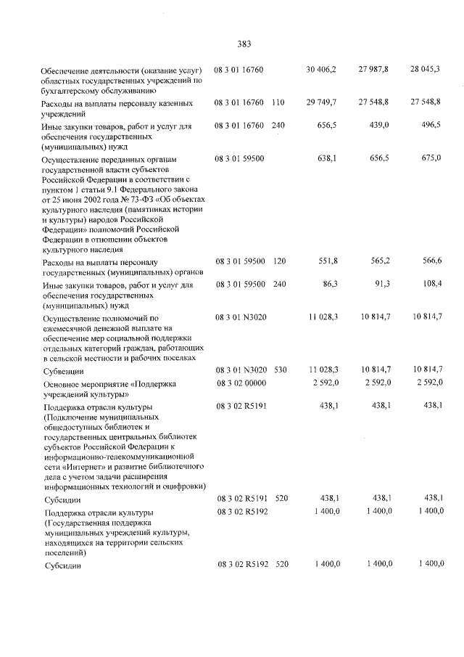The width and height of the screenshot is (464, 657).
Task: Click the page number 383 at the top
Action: [244, 44]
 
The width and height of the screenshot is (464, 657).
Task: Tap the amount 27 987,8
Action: [373, 69]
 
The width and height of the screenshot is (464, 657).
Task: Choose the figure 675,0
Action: [431, 158]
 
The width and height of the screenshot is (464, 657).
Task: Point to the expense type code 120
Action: [278, 261]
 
